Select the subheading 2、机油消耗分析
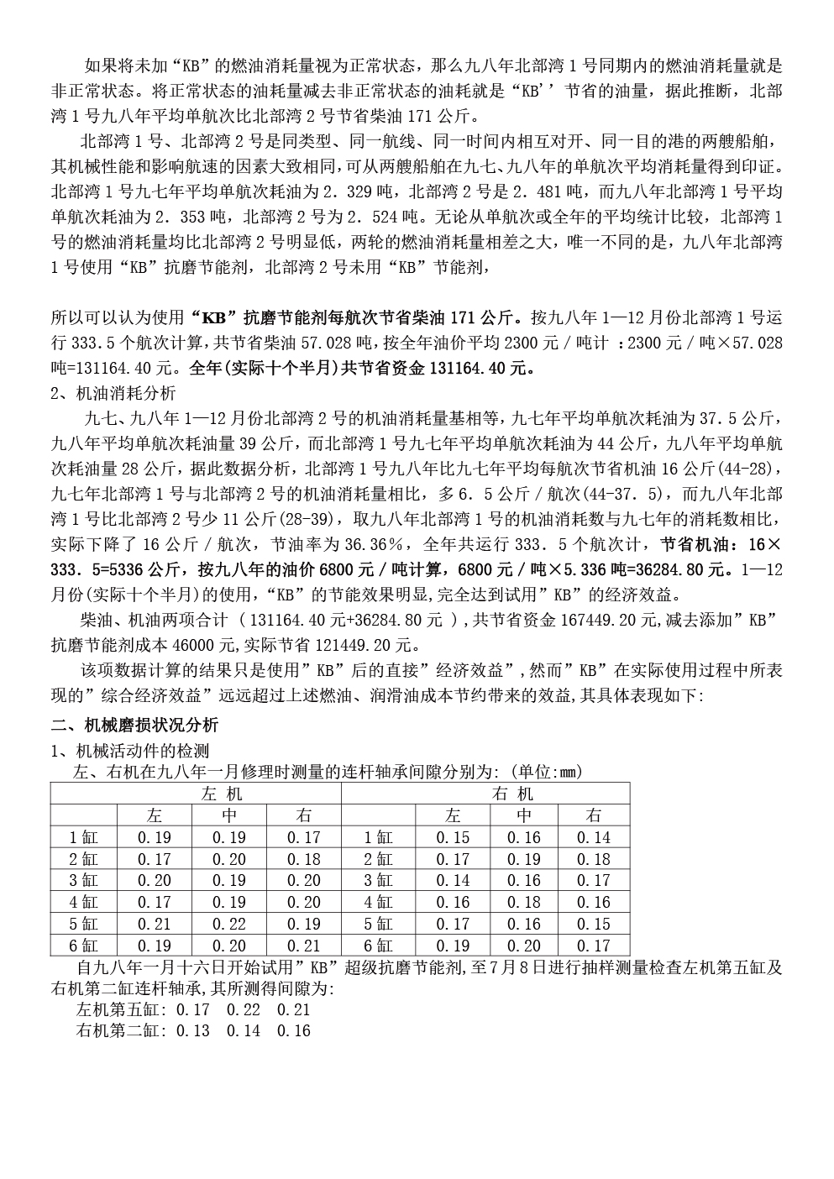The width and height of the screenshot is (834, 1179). tap(113, 393)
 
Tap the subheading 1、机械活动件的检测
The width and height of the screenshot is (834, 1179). tap(130, 750)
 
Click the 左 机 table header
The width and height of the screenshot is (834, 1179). tap(222, 794)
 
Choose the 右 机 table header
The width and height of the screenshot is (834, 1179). tap(511, 794)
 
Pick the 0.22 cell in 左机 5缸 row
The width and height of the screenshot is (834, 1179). tap(228, 924)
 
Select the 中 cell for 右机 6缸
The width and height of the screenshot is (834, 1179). tap(523, 946)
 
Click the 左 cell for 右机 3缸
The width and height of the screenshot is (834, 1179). tap(453, 881)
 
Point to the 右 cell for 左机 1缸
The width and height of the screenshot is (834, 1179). tap(303, 837)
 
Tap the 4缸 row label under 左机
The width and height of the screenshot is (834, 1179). tap(83, 903)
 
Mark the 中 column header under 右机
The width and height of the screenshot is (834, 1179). tap(523, 815)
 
